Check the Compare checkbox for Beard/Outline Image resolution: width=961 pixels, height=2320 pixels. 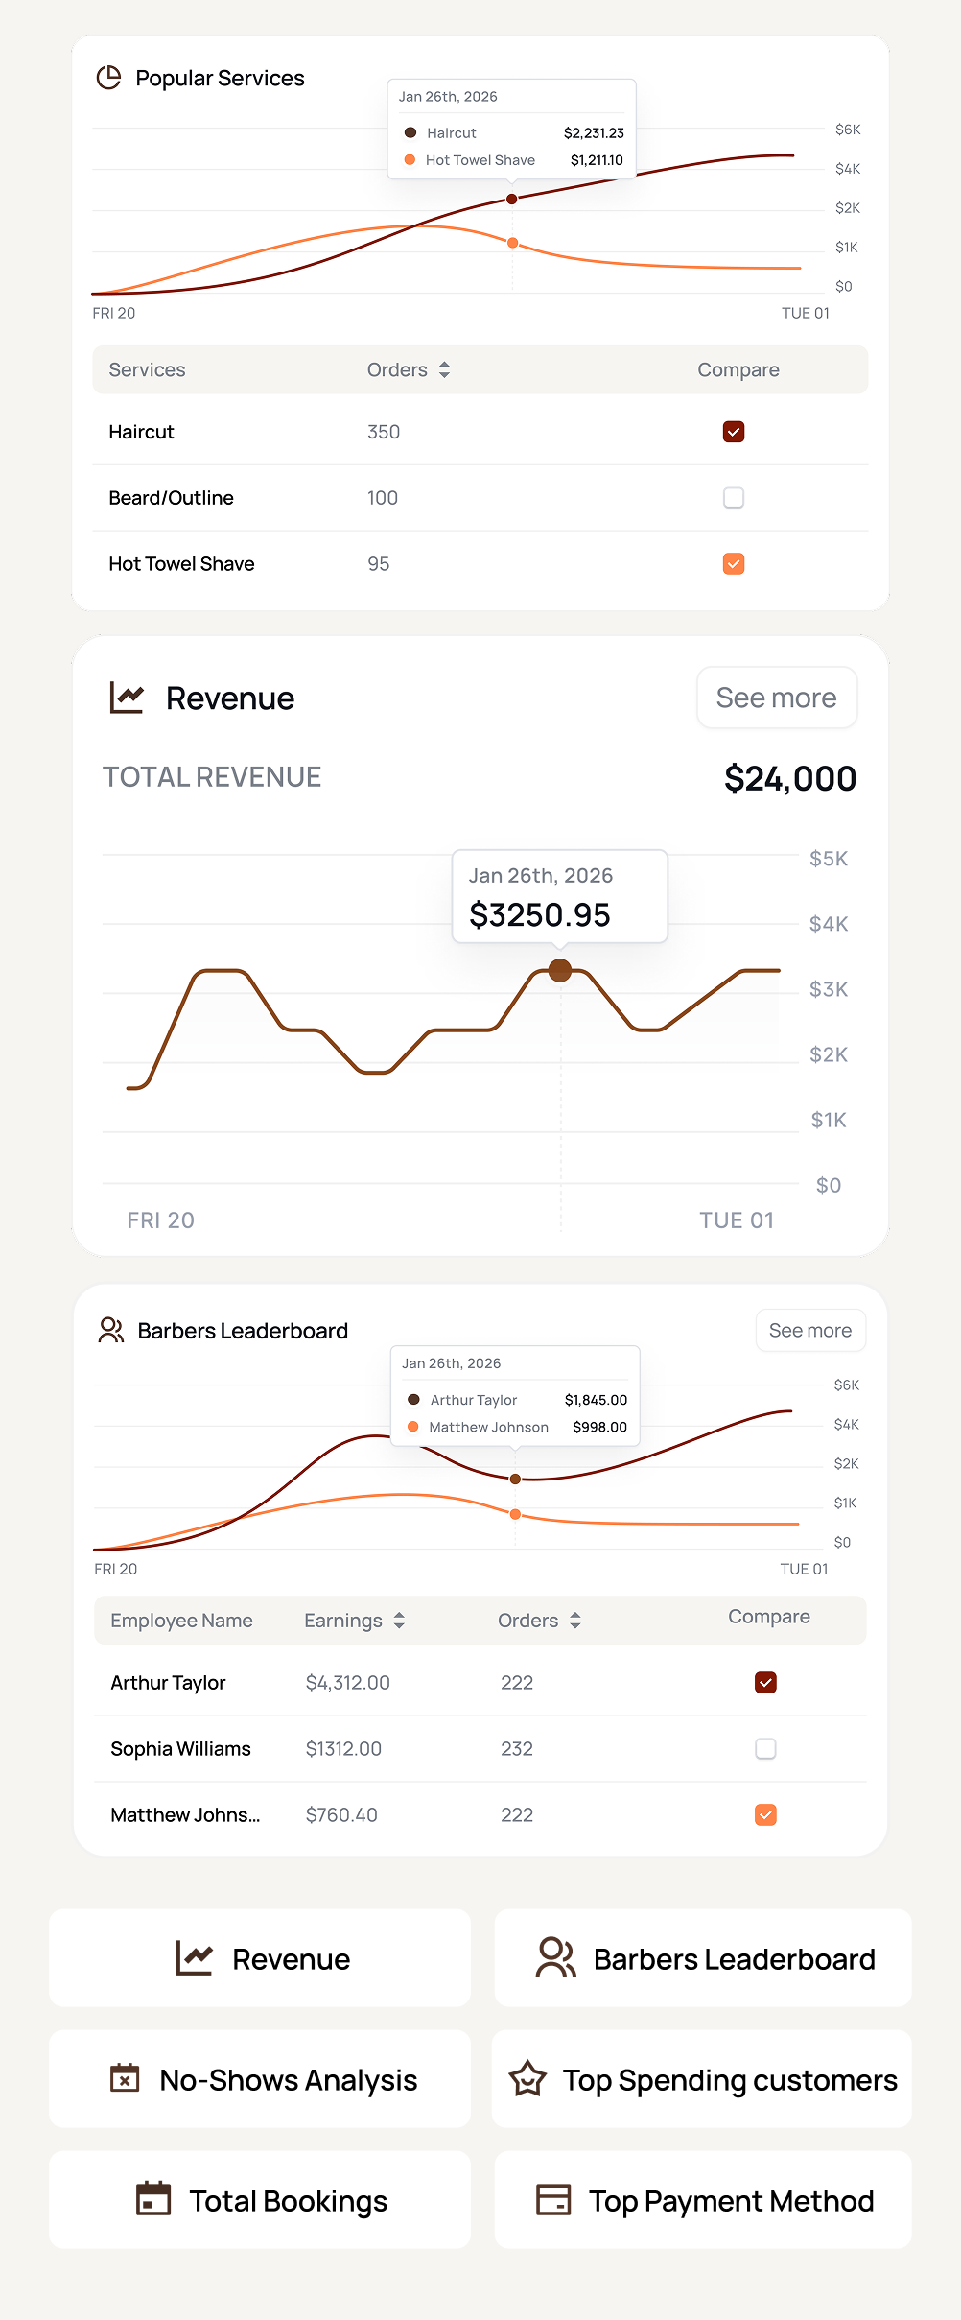(734, 498)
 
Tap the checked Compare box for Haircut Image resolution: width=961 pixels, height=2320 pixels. (734, 432)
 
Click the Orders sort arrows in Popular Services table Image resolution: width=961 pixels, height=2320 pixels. (444, 370)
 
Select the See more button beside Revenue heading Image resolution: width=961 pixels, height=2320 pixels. (776, 698)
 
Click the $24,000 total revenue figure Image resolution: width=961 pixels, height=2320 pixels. (789, 778)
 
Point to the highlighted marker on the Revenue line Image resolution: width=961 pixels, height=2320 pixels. (560, 970)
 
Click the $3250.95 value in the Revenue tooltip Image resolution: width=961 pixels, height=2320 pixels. (539, 915)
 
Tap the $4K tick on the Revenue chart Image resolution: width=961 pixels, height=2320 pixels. (828, 924)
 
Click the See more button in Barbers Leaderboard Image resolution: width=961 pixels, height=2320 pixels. (809, 1331)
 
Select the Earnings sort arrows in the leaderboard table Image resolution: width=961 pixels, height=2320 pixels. (399, 1621)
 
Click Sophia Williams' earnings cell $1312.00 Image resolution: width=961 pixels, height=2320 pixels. (343, 1749)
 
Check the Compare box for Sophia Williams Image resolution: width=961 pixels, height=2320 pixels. (765, 1749)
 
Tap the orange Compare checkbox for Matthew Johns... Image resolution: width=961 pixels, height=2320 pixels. (765, 1815)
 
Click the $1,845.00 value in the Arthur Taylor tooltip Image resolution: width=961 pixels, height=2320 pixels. (596, 1400)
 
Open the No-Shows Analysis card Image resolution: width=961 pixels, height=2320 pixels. (260, 2080)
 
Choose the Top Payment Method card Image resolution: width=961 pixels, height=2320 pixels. (703, 2201)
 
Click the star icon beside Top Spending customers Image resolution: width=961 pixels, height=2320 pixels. (527, 2080)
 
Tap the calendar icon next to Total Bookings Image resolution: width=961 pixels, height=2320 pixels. (153, 2199)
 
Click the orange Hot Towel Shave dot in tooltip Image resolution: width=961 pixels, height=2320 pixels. (410, 160)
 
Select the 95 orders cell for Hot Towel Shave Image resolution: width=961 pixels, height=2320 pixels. (379, 564)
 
